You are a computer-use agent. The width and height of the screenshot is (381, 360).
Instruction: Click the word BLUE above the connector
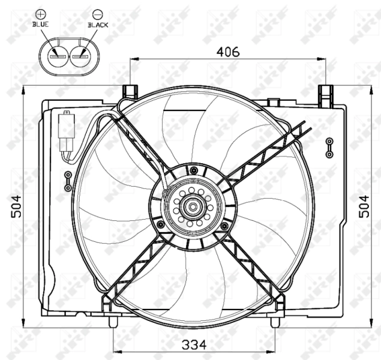click(40, 25)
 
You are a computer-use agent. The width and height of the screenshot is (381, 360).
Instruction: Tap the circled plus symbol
click(40, 13)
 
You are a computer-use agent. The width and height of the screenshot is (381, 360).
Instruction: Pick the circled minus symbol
click(97, 13)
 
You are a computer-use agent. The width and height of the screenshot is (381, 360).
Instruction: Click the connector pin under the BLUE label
click(59, 57)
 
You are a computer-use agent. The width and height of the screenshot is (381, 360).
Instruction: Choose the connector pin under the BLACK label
click(80, 57)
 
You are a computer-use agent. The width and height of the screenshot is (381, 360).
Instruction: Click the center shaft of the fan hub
click(193, 208)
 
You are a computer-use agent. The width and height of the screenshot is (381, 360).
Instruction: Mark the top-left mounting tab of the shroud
click(129, 92)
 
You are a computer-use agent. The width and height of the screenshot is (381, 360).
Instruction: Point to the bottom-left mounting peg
click(112, 322)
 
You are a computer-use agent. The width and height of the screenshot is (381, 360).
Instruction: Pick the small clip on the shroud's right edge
click(329, 147)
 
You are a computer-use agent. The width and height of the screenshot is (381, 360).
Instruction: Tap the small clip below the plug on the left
click(68, 178)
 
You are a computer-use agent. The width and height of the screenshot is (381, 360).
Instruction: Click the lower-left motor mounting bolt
click(160, 225)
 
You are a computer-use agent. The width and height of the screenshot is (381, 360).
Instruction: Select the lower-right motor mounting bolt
click(224, 226)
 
